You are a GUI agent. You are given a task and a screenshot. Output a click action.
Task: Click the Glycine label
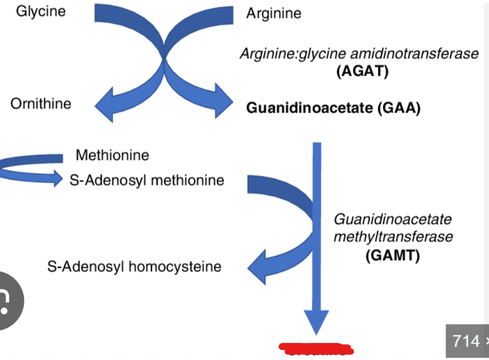(41, 11)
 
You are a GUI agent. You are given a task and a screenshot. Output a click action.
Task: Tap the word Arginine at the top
(273, 12)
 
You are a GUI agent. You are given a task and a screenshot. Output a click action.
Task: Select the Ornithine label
(40, 103)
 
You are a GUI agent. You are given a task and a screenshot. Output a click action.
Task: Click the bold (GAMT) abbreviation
(392, 256)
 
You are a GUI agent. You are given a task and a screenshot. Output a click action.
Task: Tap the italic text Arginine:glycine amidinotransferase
(359, 53)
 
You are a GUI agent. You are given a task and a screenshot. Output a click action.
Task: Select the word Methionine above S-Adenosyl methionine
(112, 155)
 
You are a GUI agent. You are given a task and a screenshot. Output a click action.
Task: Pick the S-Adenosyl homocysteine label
(134, 266)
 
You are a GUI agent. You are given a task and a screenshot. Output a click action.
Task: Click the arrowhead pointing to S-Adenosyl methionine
(57, 177)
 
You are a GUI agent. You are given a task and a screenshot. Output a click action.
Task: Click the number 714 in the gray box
(466, 341)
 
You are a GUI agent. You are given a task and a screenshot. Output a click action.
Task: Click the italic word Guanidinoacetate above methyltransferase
(392, 219)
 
